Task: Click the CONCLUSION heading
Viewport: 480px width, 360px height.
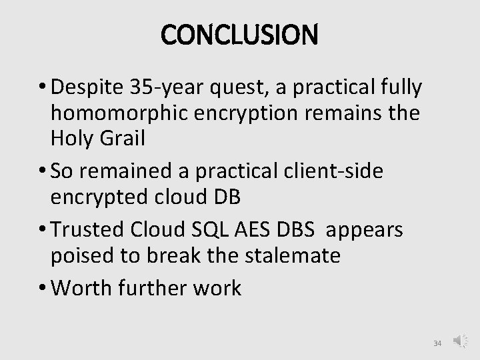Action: [240, 34]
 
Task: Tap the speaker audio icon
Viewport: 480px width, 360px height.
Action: [461, 342]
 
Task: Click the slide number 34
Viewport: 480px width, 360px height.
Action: [437, 343]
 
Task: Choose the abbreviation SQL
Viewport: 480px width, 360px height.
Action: [233, 231]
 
